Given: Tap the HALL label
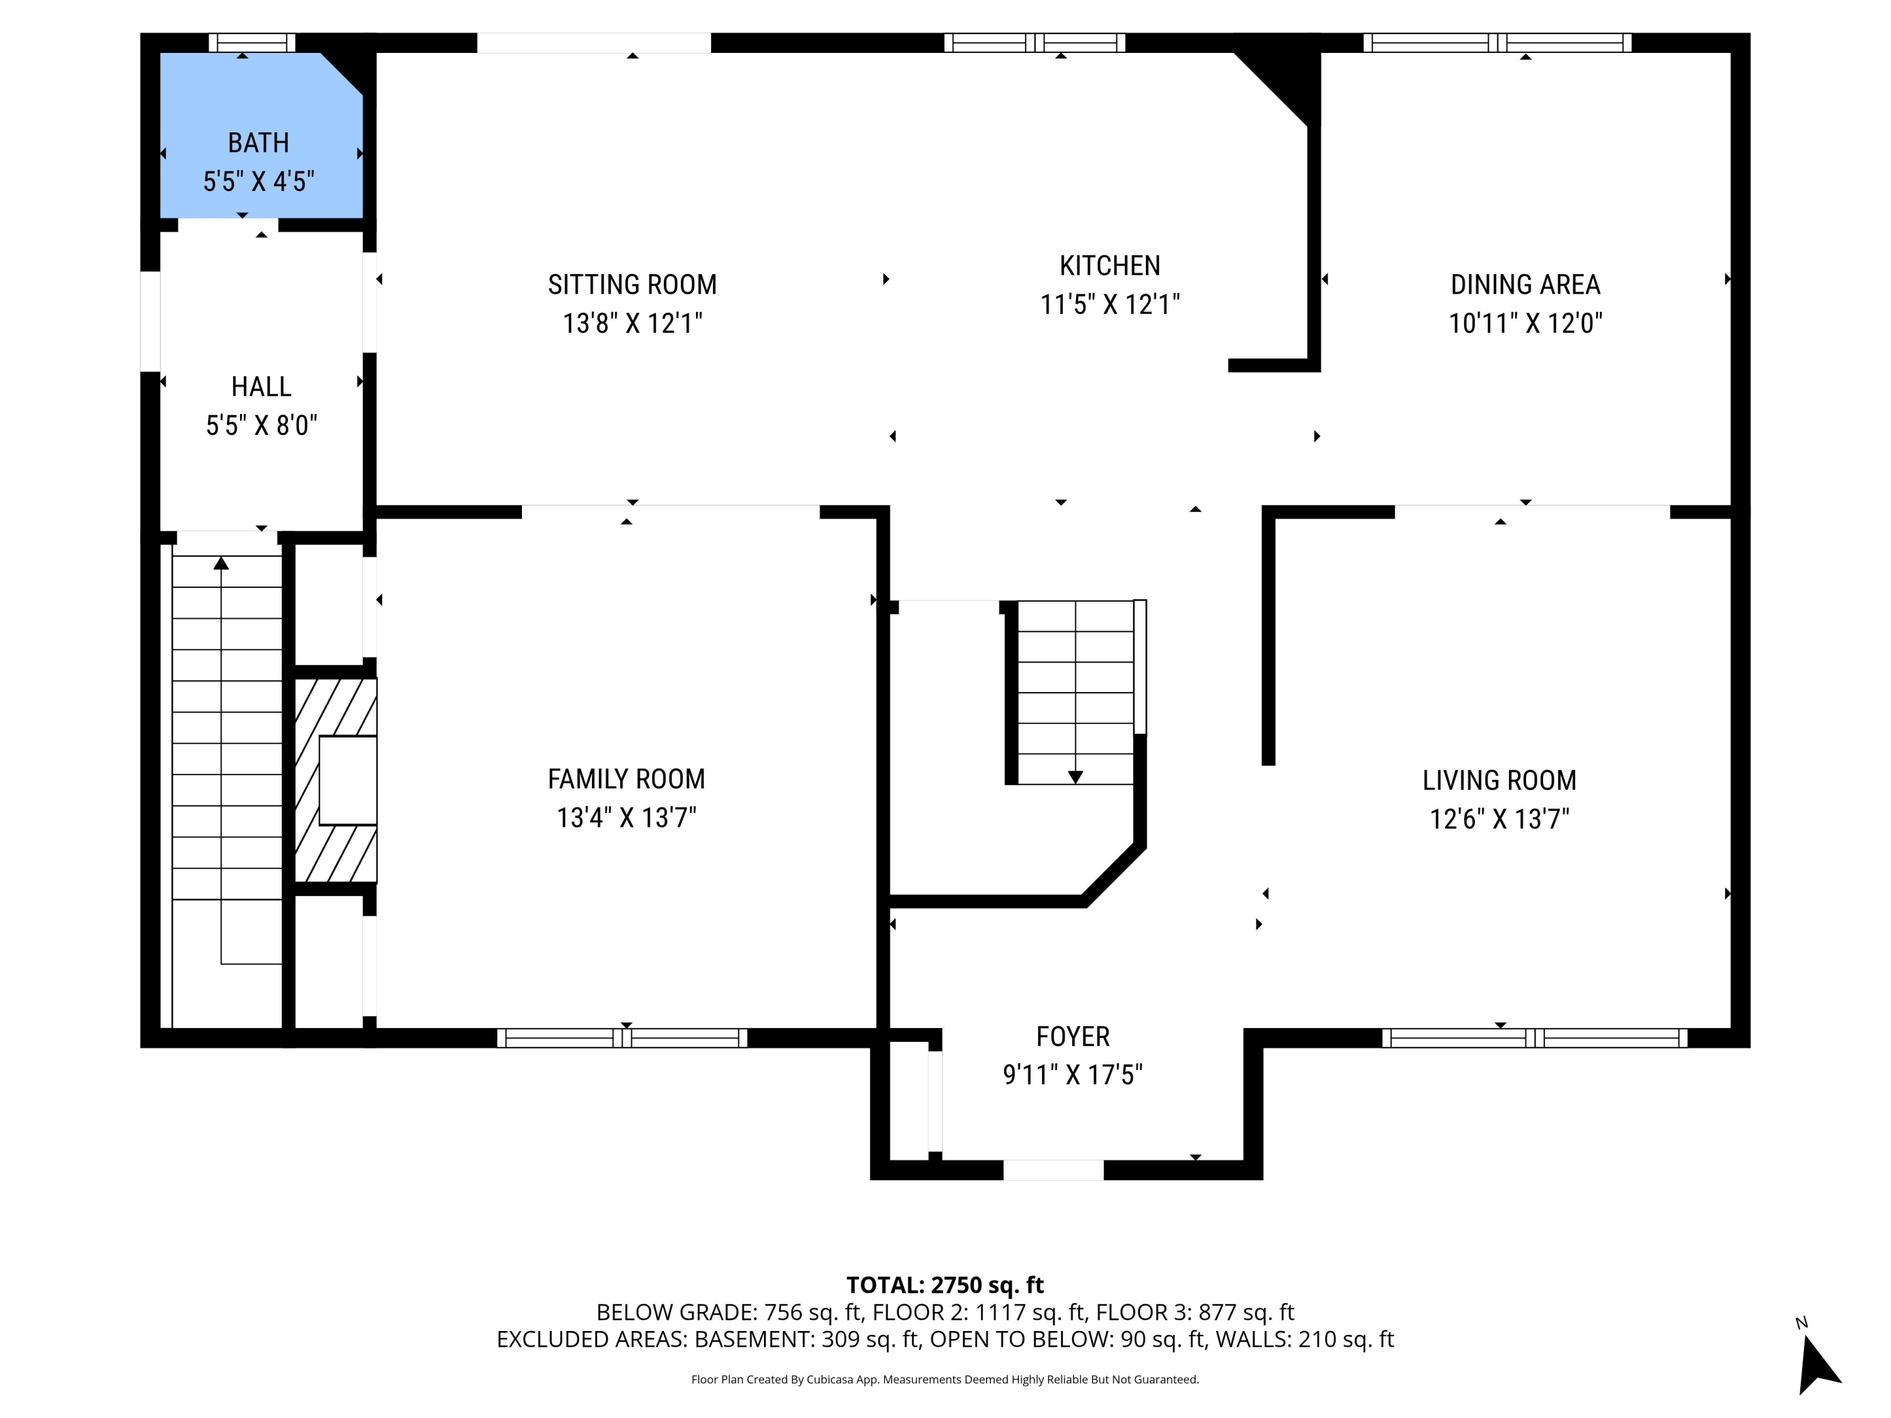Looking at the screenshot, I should tap(261, 386).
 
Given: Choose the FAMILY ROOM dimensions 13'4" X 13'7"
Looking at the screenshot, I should tap(626, 818).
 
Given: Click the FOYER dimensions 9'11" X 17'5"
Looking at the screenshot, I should tap(1072, 1075).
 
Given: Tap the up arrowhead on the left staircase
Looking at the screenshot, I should tap(221, 562).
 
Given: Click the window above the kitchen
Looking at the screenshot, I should tap(1034, 43).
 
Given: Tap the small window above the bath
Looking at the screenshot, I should tap(252, 43).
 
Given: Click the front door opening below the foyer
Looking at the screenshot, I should tap(1053, 1170).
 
